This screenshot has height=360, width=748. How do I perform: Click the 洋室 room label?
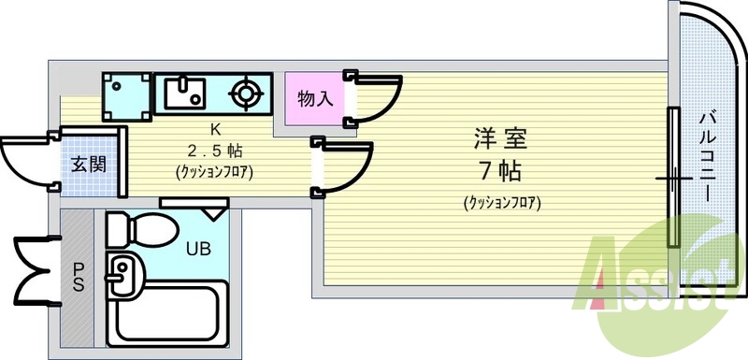click(500, 140)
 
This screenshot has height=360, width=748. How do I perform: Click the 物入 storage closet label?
click(314, 98)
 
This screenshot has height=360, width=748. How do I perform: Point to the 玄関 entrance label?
click(89, 165)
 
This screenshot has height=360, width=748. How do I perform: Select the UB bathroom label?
click(197, 249)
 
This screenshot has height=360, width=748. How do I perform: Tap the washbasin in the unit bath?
click(122, 275)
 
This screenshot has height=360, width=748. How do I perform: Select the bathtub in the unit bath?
click(167, 313)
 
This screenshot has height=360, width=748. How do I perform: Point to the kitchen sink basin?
click(185, 93)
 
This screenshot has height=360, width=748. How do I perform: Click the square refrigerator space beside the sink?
click(127, 95)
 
